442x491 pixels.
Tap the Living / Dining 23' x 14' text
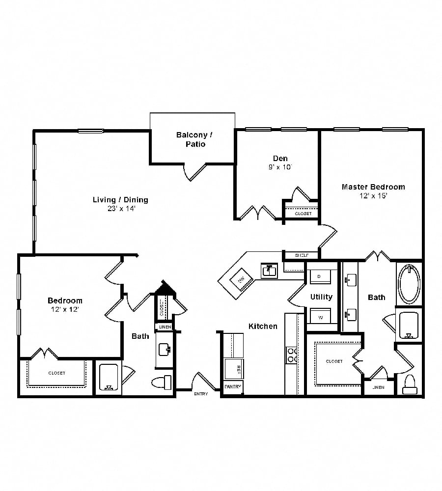120,204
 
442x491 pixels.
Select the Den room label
280,162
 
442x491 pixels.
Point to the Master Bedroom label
373,191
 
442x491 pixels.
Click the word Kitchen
263,326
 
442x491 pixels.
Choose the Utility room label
321,297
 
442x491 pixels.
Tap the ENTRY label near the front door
201,394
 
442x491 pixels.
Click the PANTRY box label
233,387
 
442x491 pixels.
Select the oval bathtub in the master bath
409,284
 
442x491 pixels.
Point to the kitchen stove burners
292,355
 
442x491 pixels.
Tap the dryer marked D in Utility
319,277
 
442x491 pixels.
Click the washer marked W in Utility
321,317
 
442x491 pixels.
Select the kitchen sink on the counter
269,270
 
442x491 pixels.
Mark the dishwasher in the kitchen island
241,280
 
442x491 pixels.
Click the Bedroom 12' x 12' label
65,304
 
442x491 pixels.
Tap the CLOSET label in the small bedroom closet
56,373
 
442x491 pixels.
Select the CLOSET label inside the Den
303,214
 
